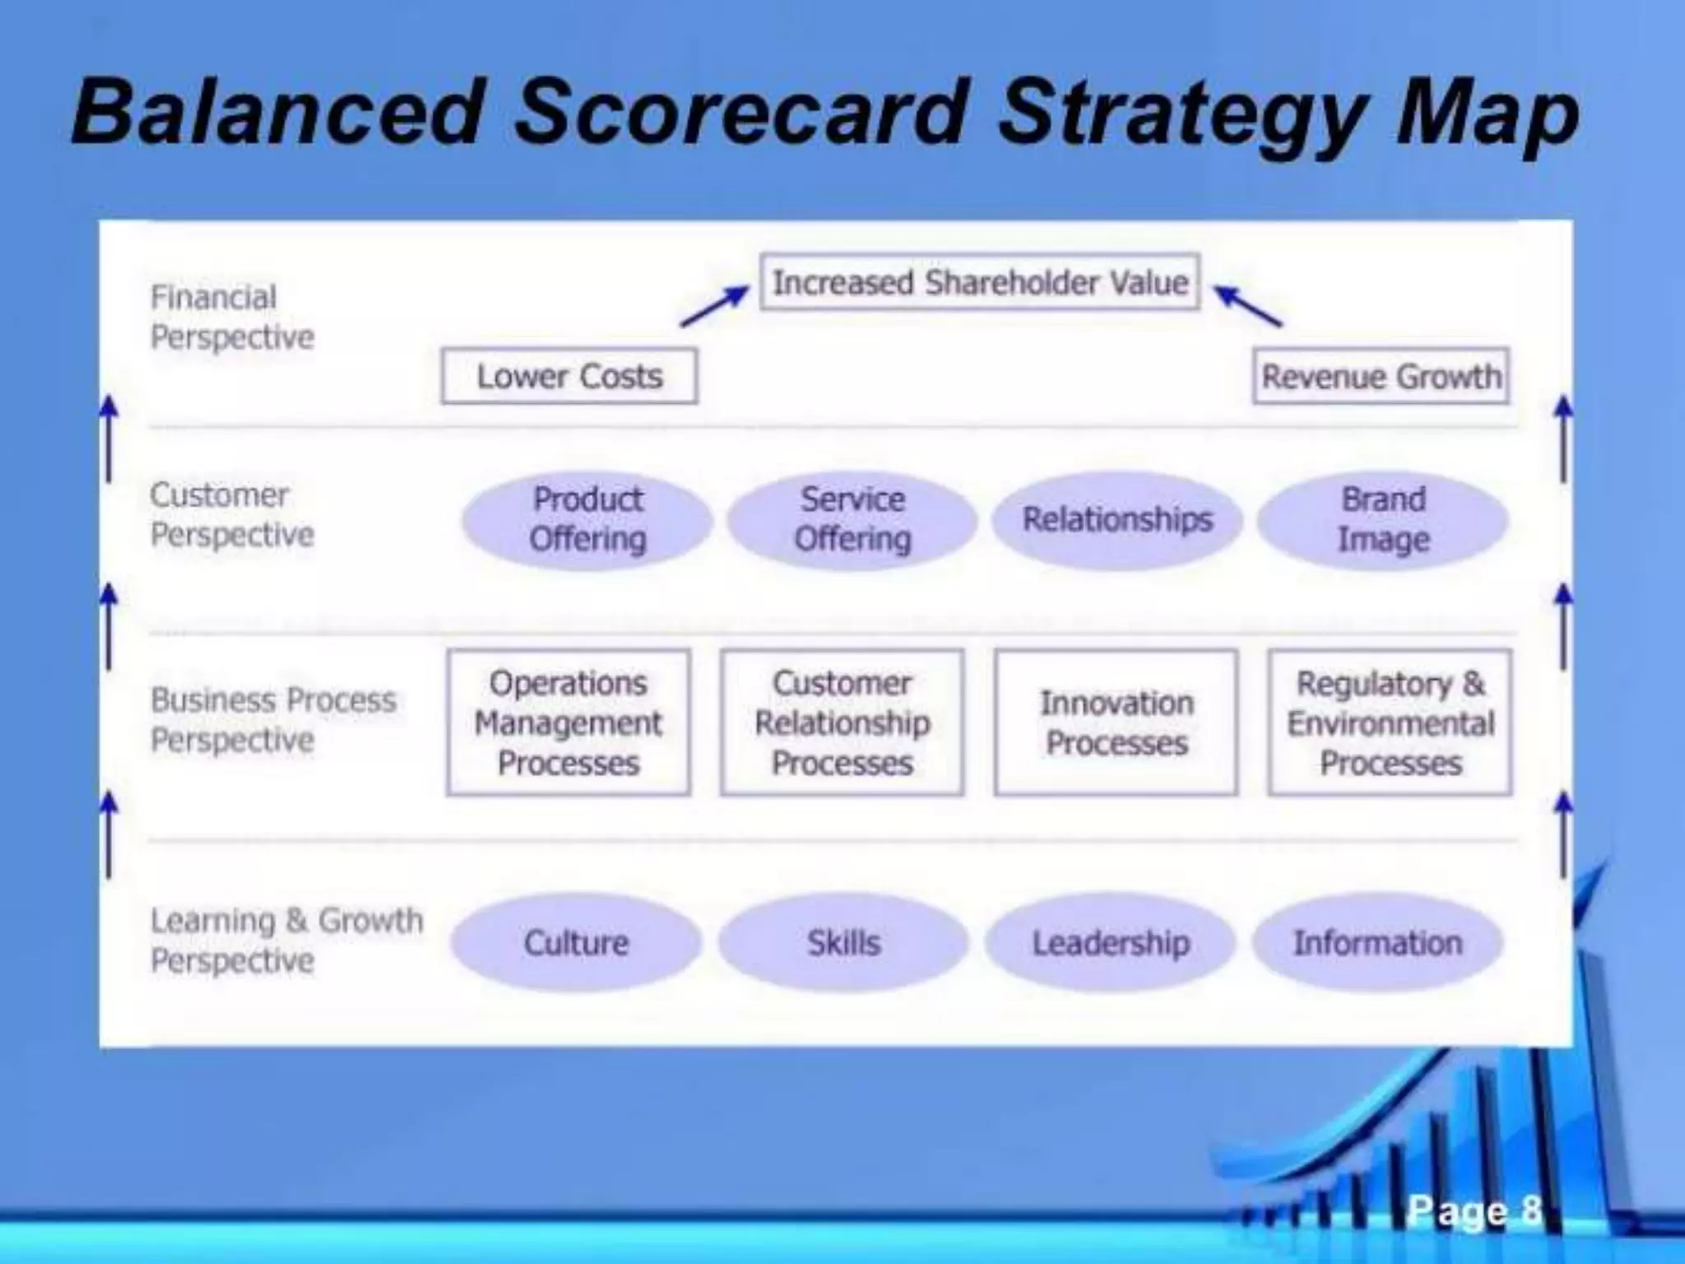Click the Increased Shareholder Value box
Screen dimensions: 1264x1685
click(x=979, y=282)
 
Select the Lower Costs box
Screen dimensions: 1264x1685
click(x=569, y=376)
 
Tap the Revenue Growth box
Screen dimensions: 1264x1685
click(x=1381, y=376)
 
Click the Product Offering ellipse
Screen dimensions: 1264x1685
click(x=587, y=520)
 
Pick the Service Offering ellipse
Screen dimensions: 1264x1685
click(x=852, y=520)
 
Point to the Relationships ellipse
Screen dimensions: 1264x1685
click(x=1117, y=520)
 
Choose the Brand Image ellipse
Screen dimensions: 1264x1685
click(x=1383, y=520)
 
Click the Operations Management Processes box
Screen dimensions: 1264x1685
click(x=569, y=723)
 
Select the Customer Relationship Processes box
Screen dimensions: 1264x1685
click(x=842, y=723)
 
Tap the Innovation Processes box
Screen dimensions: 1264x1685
click(x=1116, y=723)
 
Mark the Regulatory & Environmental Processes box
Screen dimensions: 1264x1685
click(x=1390, y=723)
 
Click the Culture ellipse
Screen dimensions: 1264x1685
click(x=576, y=943)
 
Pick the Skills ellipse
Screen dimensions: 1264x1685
click(x=843, y=943)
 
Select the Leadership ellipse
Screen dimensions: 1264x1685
click(x=1111, y=943)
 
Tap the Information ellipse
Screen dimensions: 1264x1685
click(x=1378, y=943)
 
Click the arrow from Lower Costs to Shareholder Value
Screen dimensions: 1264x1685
click(x=715, y=306)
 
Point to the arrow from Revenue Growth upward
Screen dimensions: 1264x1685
click(x=1248, y=306)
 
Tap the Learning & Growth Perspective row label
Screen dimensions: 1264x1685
click(x=285, y=940)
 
